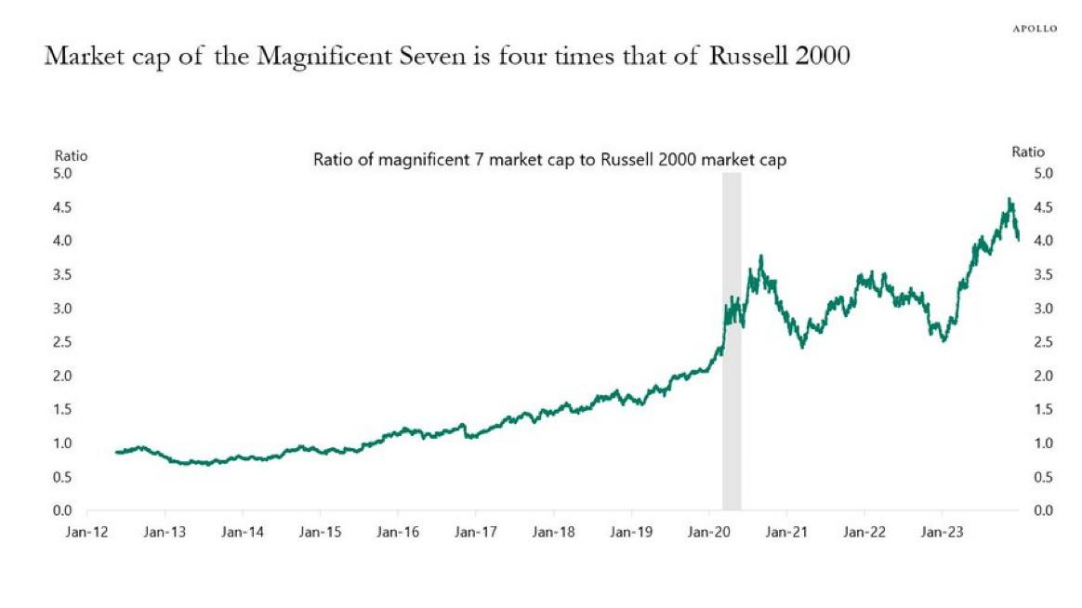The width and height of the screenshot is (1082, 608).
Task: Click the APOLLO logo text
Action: pos(1035,29)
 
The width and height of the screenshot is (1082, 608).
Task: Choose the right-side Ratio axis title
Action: pos(1028,152)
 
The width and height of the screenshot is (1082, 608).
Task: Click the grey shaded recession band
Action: pos(732,372)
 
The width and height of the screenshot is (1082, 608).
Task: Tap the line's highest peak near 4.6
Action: pos(1009,199)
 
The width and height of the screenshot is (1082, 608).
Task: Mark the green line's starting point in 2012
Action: pos(116,452)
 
